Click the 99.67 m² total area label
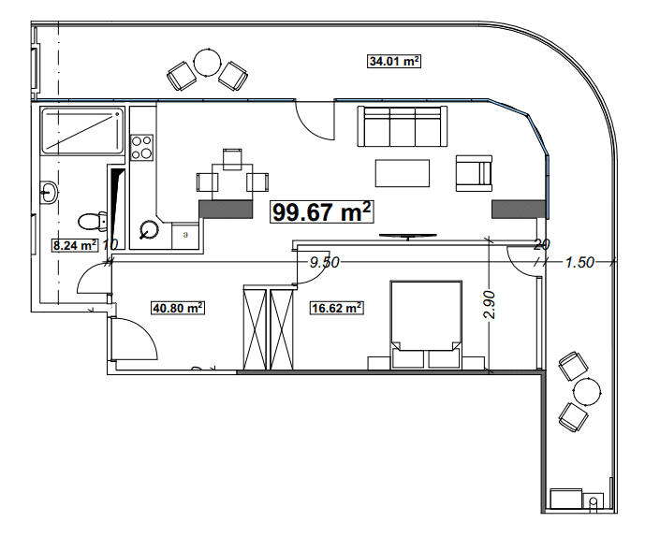pos(322,212)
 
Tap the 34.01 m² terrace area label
pos(393,62)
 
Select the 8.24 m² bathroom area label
pos(75,246)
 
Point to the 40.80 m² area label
pos(178,306)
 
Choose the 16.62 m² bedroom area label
pos(336,306)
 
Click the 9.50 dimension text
pos(324,263)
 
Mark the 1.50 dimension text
pos(580,263)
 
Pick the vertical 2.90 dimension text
pos(489,305)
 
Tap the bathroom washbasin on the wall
pos(50,192)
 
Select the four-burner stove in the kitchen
pos(141,148)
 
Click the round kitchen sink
pos(149,228)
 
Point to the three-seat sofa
pos(400,125)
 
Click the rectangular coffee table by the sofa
pos(403,173)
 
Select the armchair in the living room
pos(473,172)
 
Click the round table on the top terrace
pos(206,65)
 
